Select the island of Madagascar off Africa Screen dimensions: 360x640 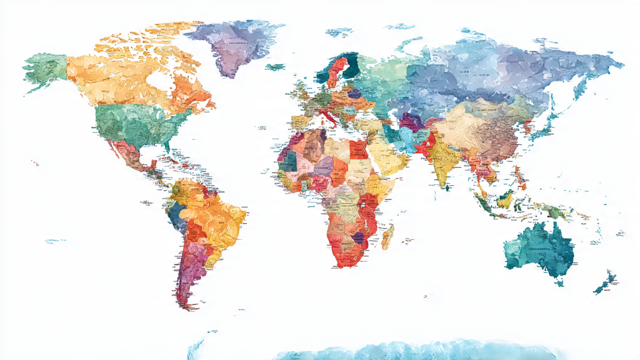point(388,236)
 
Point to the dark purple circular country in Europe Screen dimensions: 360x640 point(354,93)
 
